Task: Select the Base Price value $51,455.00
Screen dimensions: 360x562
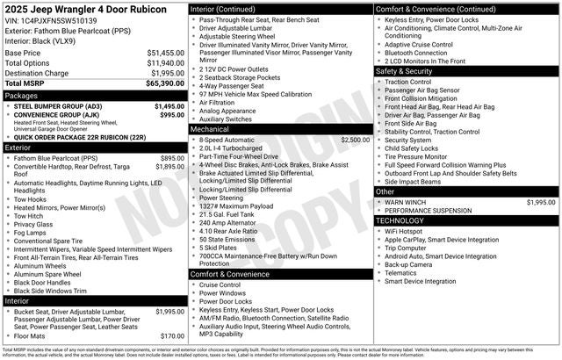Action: [165, 53]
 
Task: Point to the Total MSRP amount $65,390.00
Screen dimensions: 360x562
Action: [165, 83]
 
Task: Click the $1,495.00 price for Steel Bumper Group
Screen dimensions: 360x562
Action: [169, 106]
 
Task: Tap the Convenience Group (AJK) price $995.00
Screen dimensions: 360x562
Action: [172, 115]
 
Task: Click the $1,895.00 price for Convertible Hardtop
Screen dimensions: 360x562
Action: [169, 166]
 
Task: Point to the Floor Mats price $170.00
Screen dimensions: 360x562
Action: [172, 335]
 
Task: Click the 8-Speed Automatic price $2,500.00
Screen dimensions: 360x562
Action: [355, 140]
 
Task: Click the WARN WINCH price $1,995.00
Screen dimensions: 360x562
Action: [540, 202]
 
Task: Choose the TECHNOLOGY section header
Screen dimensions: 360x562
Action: [400, 220]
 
